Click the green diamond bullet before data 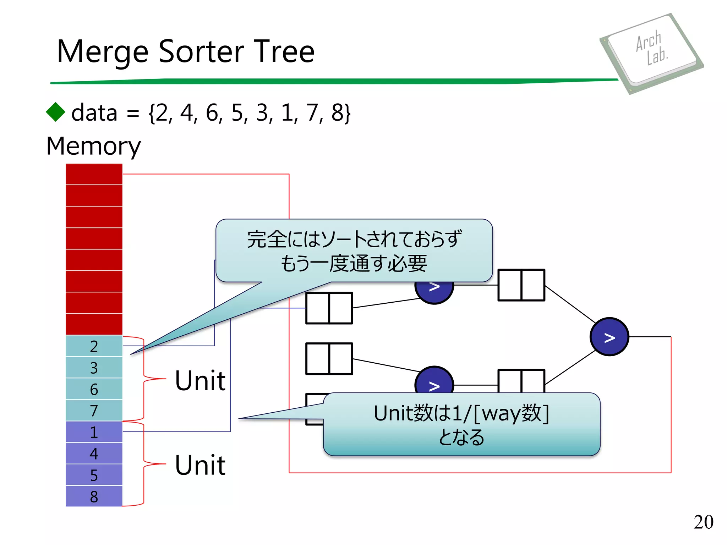click(x=56, y=112)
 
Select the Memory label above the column click(x=93, y=146)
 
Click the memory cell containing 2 click(x=94, y=346)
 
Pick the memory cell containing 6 click(x=94, y=389)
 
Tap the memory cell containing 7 click(x=94, y=411)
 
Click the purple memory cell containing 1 click(x=94, y=432)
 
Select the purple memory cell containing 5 click(x=94, y=475)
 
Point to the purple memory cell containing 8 click(x=94, y=496)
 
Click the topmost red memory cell click(x=94, y=174)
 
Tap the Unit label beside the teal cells click(x=200, y=380)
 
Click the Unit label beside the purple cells click(x=200, y=465)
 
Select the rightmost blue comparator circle click(x=609, y=337)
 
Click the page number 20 click(x=703, y=522)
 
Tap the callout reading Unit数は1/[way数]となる click(x=461, y=424)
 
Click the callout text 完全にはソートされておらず click(x=354, y=239)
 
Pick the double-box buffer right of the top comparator click(x=521, y=285)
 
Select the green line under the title click(x=334, y=81)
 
